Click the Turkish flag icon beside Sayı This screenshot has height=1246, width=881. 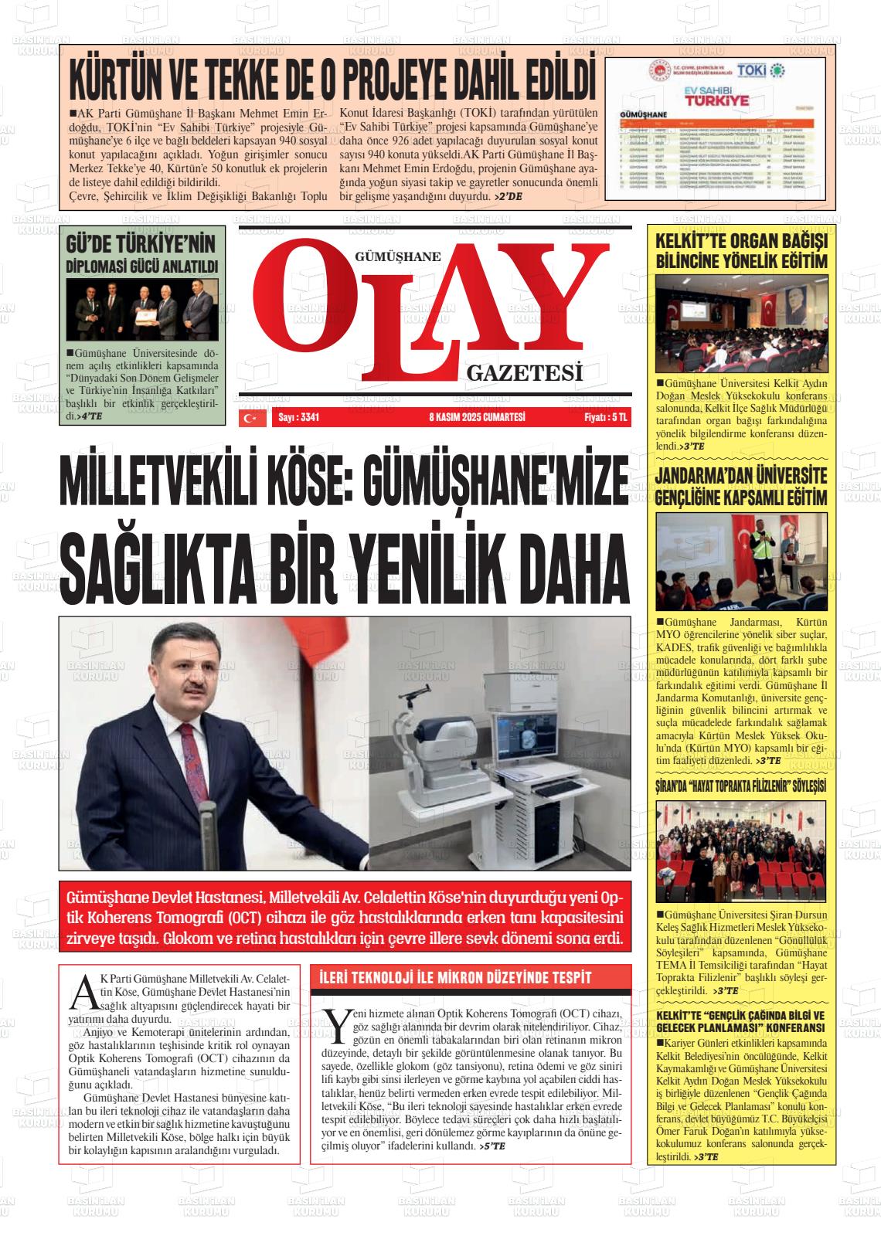pyautogui.click(x=250, y=418)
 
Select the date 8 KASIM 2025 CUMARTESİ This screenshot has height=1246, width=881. pyautogui.click(x=477, y=418)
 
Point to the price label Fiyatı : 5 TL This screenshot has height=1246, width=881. pyautogui.click(x=607, y=418)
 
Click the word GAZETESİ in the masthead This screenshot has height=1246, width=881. pyautogui.click(x=523, y=374)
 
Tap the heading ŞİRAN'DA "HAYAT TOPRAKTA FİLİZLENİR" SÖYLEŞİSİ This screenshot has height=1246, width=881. pyautogui.click(x=740, y=786)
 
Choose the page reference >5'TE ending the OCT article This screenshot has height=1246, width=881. pyautogui.click(x=492, y=1146)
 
